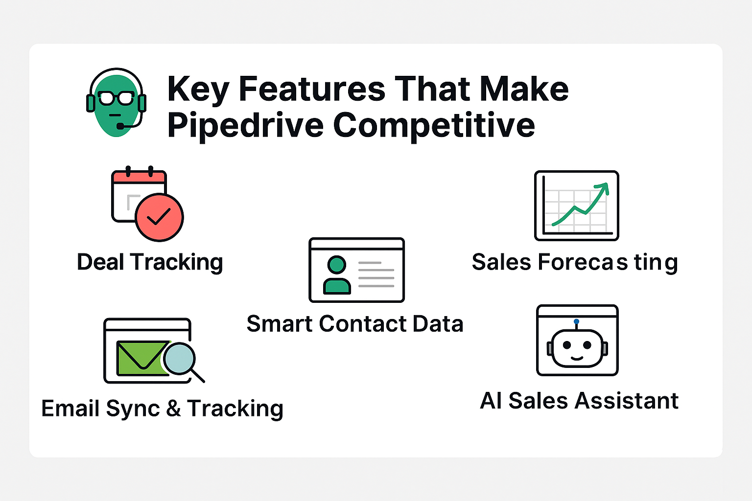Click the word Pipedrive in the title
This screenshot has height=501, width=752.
[x=245, y=126]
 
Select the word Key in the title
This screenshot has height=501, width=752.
[x=198, y=90]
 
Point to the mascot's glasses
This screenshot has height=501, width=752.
[x=116, y=98]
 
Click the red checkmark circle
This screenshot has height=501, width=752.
[x=160, y=217]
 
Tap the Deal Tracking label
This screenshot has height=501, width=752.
[x=150, y=262]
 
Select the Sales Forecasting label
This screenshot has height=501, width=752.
[x=575, y=262]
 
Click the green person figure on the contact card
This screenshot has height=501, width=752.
[x=337, y=275]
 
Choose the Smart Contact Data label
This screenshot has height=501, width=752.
[x=355, y=324]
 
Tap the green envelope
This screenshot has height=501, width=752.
[x=142, y=358]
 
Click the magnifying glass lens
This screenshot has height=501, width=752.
[x=180, y=359]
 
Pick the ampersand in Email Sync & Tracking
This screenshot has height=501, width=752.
[x=173, y=409]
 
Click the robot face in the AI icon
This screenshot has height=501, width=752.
[x=577, y=348]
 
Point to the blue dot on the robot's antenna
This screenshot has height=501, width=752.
[x=576, y=321]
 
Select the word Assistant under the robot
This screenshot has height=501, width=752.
[x=627, y=401]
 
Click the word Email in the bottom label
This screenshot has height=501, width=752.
[x=70, y=409]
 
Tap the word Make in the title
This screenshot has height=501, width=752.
[x=524, y=89]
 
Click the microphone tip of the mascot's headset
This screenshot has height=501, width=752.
[x=120, y=126]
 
